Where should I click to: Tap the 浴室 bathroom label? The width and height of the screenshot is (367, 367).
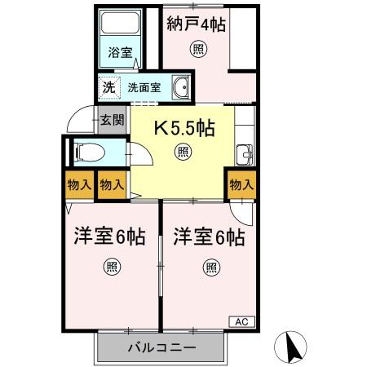coord(121,53)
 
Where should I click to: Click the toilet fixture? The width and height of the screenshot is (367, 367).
coord(87,153)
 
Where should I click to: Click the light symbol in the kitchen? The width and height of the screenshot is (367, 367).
coord(184,152)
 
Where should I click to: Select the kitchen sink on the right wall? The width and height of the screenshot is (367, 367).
coord(245,153)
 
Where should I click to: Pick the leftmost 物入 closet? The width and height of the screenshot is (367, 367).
coord(80,185)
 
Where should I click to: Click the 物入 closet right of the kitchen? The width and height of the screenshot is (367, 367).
coord(242,185)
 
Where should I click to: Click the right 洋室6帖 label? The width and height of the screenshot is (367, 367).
coord(209,237)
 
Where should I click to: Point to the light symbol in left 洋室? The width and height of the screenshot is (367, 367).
coord(111,266)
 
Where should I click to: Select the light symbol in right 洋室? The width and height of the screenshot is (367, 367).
coord(210,266)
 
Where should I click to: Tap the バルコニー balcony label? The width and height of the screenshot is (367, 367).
coord(161,348)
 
